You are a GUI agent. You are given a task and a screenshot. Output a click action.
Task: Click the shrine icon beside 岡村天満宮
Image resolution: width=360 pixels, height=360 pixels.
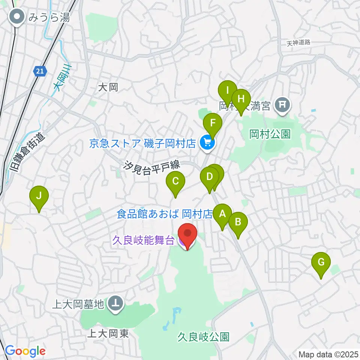[x=283, y=106]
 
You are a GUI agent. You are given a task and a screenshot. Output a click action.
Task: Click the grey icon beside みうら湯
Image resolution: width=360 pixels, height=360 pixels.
[x=18, y=17]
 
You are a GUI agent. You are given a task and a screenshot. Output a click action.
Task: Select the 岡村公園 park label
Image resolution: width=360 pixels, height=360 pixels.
[x=270, y=134]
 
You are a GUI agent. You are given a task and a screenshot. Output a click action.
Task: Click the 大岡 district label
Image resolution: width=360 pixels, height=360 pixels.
[x=108, y=88]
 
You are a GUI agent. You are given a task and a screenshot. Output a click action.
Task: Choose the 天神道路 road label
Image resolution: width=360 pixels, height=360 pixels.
[x=299, y=43]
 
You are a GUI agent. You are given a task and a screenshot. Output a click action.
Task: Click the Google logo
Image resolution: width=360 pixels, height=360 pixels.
[x=25, y=351]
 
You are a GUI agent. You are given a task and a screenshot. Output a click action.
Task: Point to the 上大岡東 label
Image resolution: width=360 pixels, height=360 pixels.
[x=109, y=334]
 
